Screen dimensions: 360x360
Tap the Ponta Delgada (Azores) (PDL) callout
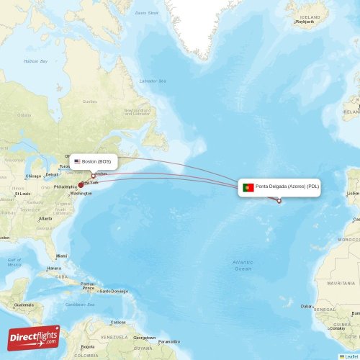tap(280, 187)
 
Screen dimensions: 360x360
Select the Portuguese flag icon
tap(248, 187)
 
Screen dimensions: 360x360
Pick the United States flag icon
tap(77, 161)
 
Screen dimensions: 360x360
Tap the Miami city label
tap(62, 256)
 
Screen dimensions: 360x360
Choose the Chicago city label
tap(33, 176)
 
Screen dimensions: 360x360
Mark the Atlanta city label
tap(46, 218)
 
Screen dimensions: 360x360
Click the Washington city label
tap(81, 194)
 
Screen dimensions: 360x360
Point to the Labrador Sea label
tap(152, 81)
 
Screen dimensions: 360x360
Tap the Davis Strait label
tap(147, 12)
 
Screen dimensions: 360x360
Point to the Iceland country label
tap(310, 17)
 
